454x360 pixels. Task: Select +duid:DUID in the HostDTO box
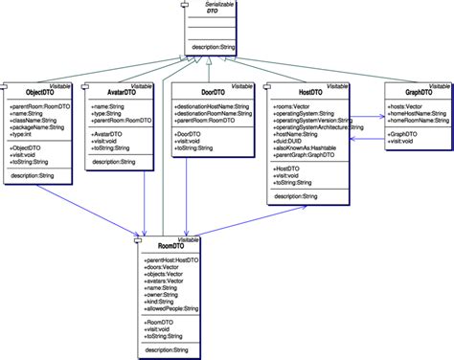(290, 144)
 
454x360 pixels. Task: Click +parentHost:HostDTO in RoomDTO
(171, 259)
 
